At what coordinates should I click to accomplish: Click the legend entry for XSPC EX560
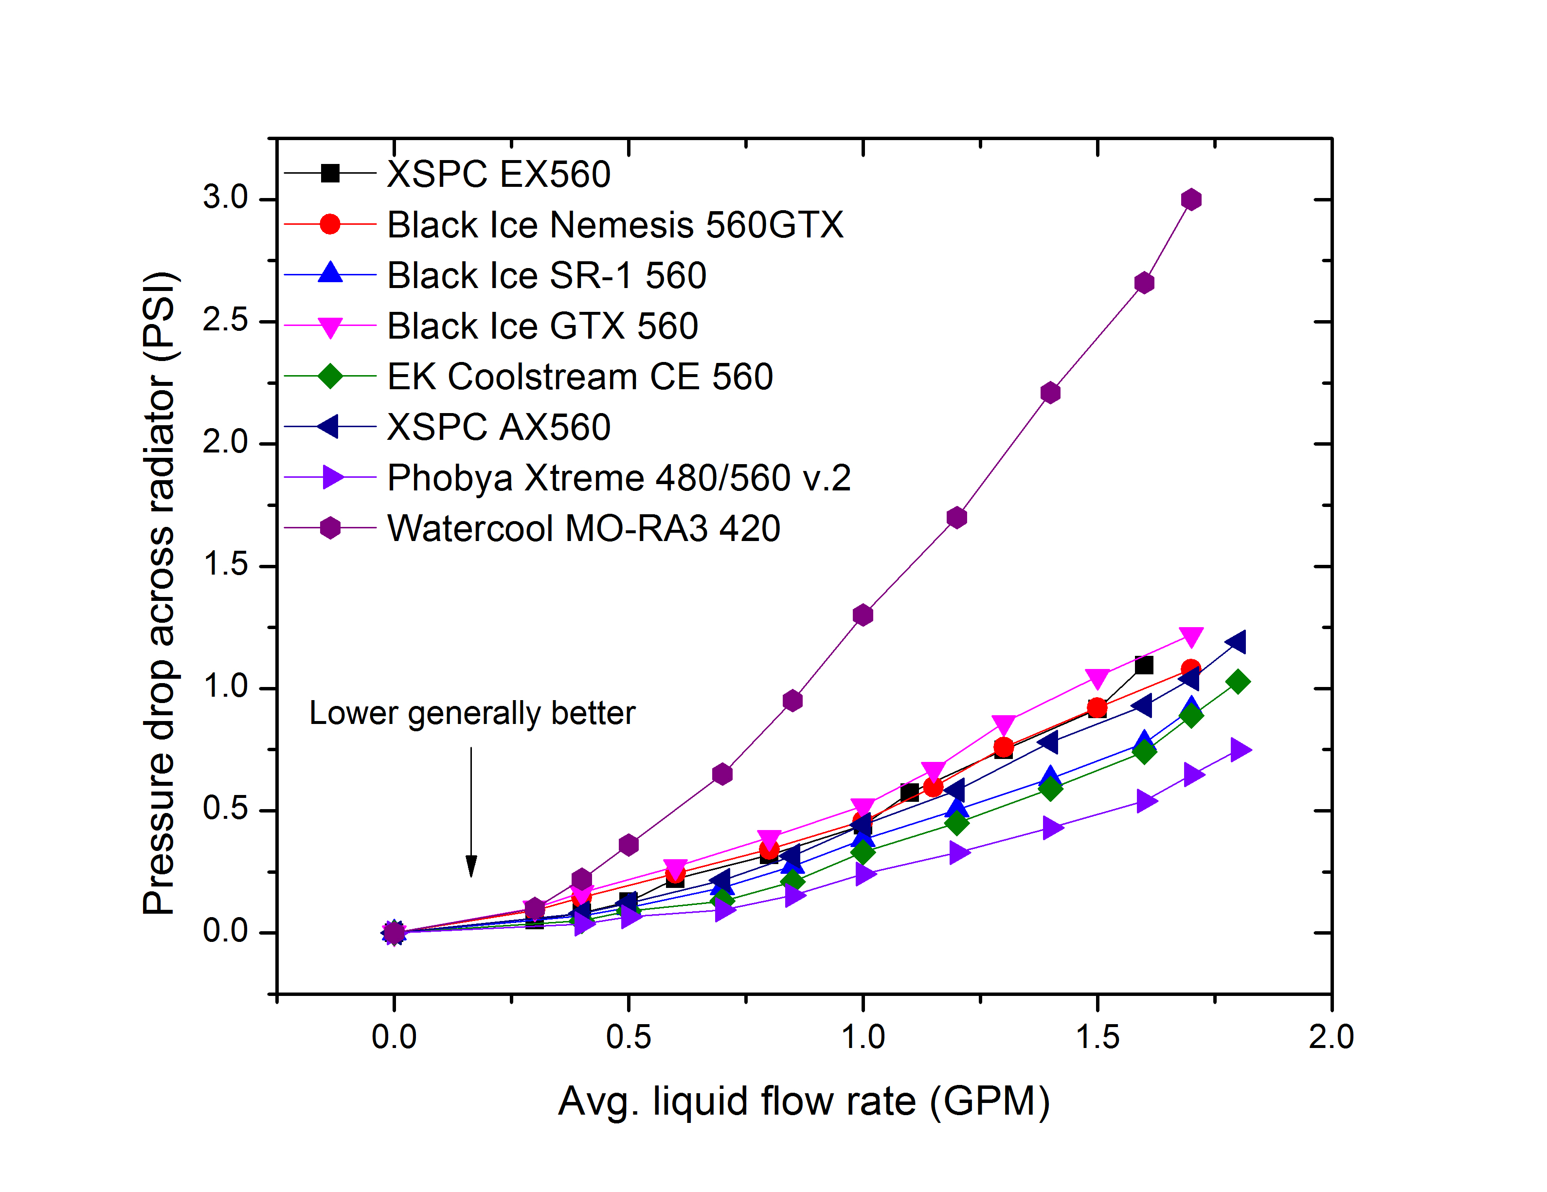(498, 174)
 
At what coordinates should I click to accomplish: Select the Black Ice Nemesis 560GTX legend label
(615, 225)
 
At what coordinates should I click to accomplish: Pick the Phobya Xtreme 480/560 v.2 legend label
(618, 478)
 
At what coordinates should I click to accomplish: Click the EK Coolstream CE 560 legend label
(579, 377)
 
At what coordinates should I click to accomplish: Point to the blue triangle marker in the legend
(330, 274)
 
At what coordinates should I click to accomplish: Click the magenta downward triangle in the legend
(330, 327)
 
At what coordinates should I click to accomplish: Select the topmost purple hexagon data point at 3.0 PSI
(1191, 200)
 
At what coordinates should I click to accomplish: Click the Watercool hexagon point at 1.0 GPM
(863, 615)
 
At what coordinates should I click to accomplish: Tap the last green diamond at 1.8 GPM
(1238, 682)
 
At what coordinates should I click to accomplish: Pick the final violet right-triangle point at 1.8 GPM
(1240, 750)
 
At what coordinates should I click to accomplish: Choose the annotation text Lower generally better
(472, 713)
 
